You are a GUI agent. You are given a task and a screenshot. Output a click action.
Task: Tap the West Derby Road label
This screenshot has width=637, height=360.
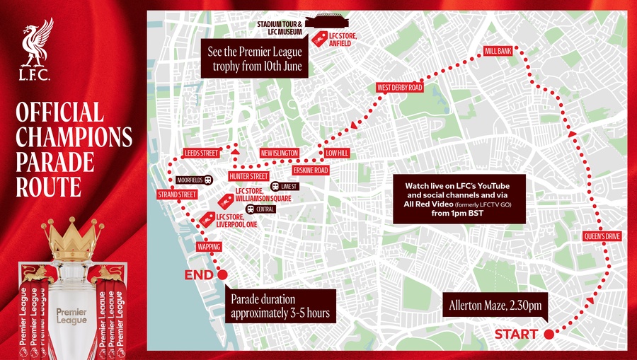pyautogui.click(x=400, y=88)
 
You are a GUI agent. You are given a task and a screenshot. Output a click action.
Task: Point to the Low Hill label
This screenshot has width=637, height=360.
pyautogui.click(x=338, y=153)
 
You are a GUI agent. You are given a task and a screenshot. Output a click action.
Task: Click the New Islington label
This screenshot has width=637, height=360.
pyautogui.click(x=280, y=153)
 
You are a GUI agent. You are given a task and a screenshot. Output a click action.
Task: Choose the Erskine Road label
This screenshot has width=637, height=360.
pyautogui.click(x=311, y=170)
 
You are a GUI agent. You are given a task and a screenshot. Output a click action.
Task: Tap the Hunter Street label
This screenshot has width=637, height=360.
pyautogui.click(x=248, y=176)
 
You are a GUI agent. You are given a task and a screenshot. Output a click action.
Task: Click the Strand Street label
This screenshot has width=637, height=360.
pyautogui.click(x=176, y=194)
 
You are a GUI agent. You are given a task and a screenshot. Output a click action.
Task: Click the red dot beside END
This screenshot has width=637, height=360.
pyautogui.click(x=222, y=274)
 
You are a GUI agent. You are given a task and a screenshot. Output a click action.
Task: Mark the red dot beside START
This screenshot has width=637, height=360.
pyautogui.click(x=548, y=334)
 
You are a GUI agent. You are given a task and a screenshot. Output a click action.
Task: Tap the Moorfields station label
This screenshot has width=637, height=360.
pyautogui.click(x=190, y=180)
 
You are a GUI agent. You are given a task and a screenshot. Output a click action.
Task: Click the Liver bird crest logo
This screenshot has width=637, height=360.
pyautogui.click(x=35, y=50)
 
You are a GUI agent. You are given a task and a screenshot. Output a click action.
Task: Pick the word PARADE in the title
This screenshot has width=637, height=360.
pyautogui.click(x=55, y=161)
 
